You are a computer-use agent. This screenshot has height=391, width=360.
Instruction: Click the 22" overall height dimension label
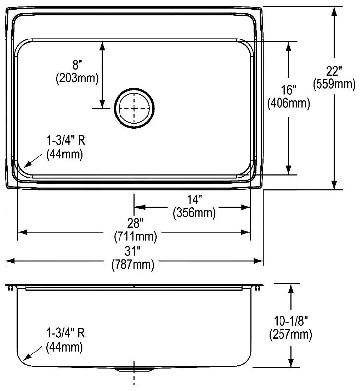click(x=334, y=71)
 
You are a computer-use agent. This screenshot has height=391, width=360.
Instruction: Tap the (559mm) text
click(x=334, y=84)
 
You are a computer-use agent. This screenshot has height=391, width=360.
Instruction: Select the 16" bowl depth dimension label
click(x=289, y=90)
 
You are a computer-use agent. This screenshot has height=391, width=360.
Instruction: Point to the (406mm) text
click(x=289, y=103)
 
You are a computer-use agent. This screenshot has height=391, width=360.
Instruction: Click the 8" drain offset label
click(x=78, y=65)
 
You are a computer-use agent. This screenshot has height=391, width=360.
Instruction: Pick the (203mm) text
click(x=78, y=78)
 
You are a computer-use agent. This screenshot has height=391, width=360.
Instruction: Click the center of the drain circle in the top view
click(x=134, y=108)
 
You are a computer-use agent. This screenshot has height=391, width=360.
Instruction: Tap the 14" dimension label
click(x=195, y=199)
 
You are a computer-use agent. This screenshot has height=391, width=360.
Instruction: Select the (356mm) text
click(x=195, y=213)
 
